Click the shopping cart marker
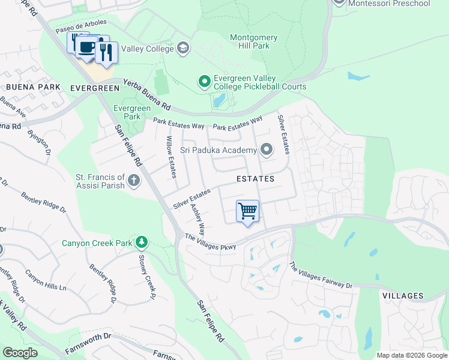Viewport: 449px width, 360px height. click(247, 211)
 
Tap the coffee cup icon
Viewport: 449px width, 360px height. click(87, 47)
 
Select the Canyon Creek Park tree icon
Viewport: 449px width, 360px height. click(142, 242)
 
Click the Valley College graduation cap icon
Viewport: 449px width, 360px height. click(183, 48)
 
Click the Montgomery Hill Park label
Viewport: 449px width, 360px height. click(254, 42)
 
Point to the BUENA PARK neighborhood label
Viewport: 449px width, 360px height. click(33, 88)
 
